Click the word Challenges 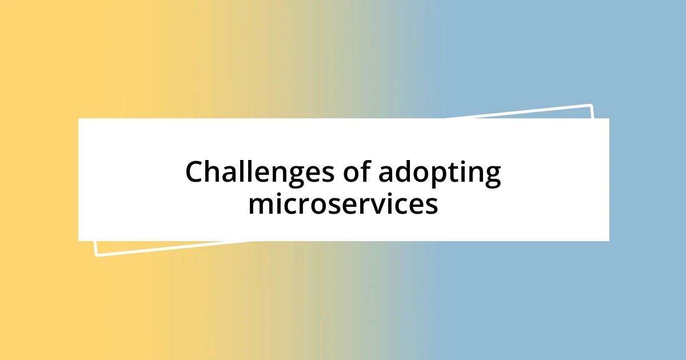[x=261, y=173]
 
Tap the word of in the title [x=356, y=173]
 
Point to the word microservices [x=343, y=204]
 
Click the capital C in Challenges [x=195, y=173]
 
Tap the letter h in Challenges [x=214, y=172]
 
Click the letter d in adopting [x=405, y=172]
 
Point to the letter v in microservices [x=381, y=205]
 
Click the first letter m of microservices [x=259, y=205]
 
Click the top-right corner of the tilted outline [x=591, y=105]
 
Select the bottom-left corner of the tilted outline [x=95, y=255]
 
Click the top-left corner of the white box [x=79, y=119]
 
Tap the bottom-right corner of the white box [x=608, y=240]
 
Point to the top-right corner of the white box [x=608, y=119]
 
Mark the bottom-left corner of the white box [x=79, y=240]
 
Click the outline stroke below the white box [x=171, y=249]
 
